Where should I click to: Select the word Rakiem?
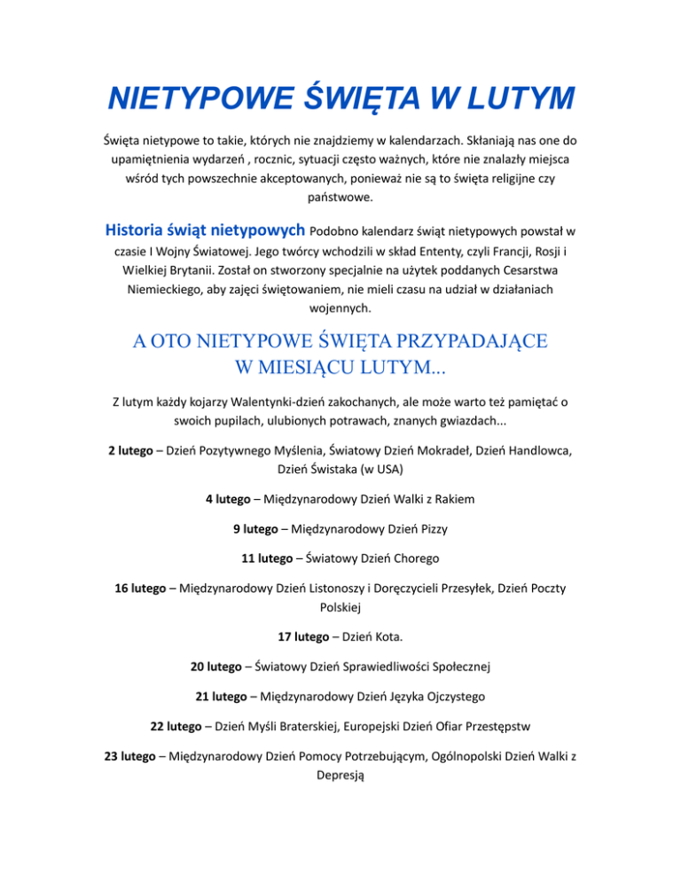pos(454,499)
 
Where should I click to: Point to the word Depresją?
pos(340,777)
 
